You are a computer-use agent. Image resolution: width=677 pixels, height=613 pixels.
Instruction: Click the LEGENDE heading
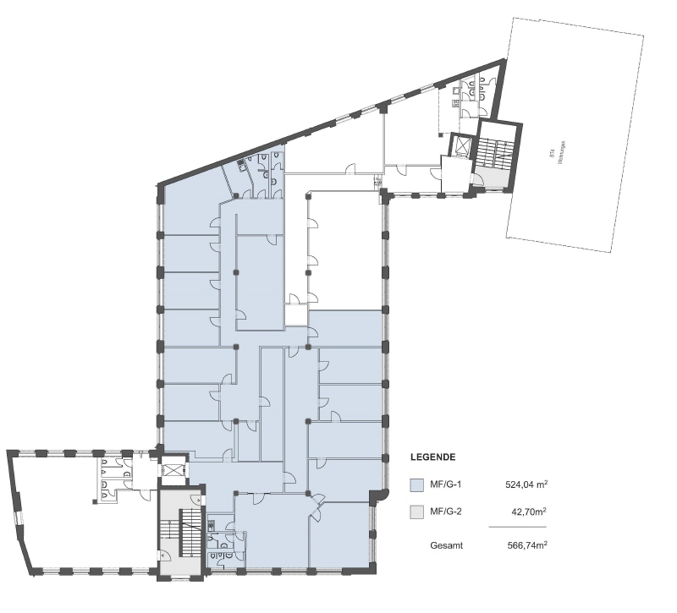(433, 457)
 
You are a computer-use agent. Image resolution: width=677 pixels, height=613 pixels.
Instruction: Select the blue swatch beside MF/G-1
(416, 485)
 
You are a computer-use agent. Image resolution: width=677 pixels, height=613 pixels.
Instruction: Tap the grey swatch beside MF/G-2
(416, 512)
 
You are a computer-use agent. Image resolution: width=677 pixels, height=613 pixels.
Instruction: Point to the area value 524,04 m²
(525, 485)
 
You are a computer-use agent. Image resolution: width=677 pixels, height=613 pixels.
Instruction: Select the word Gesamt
(446, 546)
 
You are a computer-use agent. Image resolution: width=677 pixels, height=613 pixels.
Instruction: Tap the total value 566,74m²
(525, 546)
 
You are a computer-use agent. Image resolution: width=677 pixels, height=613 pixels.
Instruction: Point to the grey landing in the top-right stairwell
(488, 178)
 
